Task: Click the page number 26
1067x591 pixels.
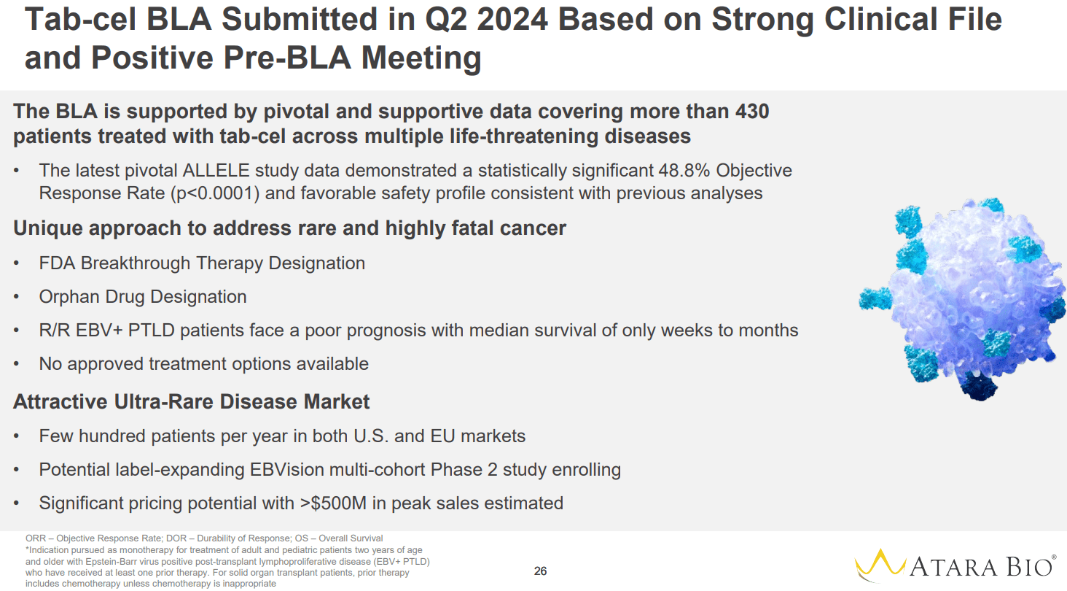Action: (540, 571)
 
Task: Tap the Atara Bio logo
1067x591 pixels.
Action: (955, 565)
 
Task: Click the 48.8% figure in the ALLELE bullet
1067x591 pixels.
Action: (680, 170)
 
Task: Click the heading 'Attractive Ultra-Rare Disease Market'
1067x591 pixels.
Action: (192, 401)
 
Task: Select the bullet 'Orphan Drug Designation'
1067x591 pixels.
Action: (143, 296)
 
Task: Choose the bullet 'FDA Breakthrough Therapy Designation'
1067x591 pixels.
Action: (202, 263)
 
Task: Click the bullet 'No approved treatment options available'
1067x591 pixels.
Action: (204, 363)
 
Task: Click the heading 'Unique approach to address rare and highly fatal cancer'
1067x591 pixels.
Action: (289, 228)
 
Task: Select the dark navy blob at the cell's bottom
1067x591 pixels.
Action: (972, 386)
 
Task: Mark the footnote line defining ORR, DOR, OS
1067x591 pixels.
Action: (204, 538)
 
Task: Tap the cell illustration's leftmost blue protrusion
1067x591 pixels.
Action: (875, 297)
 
